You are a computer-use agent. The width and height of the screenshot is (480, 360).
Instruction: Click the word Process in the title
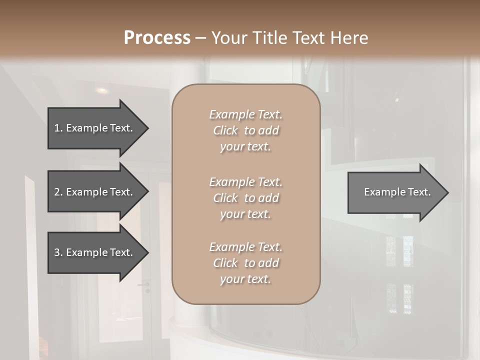pyautogui.click(x=157, y=38)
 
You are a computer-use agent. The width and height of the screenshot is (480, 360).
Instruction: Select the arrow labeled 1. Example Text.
pyautogui.click(x=95, y=128)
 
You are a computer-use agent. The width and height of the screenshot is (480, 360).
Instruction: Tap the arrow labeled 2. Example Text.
pyautogui.click(x=95, y=192)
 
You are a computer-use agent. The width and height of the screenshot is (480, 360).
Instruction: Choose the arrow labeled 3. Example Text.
pyautogui.click(x=95, y=252)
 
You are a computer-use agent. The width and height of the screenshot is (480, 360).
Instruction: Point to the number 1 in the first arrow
pyautogui.click(x=57, y=128)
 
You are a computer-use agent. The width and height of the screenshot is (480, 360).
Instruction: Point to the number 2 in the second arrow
pyautogui.click(x=57, y=192)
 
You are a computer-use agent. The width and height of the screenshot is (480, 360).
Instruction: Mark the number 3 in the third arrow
pyautogui.click(x=57, y=252)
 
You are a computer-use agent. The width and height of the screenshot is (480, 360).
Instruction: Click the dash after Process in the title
pyautogui.click(x=201, y=38)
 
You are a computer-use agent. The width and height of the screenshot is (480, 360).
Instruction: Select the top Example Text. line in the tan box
pyautogui.click(x=245, y=114)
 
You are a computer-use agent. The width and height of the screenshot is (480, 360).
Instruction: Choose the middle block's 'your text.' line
pyautogui.click(x=245, y=214)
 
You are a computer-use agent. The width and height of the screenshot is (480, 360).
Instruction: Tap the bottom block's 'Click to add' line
pyautogui.click(x=245, y=263)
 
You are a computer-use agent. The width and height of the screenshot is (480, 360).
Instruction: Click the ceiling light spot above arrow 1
pyautogui.click(x=102, y=90)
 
